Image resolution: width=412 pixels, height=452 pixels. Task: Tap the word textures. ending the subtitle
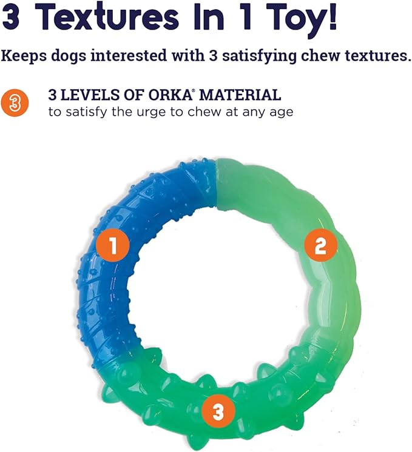point(371,56)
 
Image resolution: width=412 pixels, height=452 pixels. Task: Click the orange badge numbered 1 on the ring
point(114,246)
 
